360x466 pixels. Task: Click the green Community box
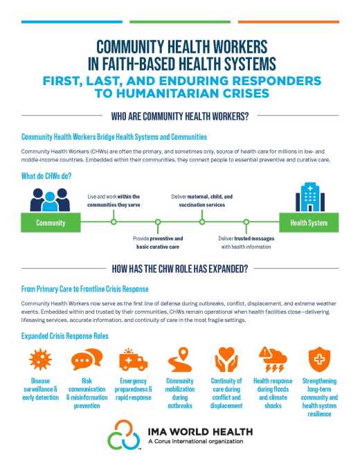[51, 222]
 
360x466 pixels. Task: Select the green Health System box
[308, 222]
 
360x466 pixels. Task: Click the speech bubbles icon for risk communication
[84, 361]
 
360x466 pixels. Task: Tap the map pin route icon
[179, 361]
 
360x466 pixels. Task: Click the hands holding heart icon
[226, 361]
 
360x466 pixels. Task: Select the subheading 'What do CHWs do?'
[48, 176]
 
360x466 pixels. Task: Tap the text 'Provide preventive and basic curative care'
[158, 242]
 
